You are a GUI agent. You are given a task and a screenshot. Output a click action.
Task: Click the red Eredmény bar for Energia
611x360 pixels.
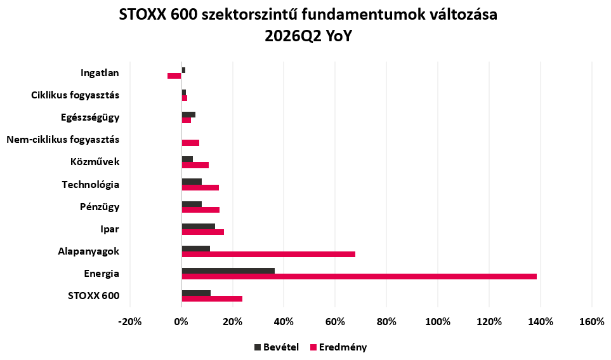pyautogui.click(x=359, y=277)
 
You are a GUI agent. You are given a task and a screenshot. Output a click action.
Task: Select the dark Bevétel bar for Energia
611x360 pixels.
pyautogui.click(x=228, y=270)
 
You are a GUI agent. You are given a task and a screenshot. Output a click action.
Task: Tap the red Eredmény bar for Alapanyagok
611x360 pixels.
pyautogui.click(x=268, y=255)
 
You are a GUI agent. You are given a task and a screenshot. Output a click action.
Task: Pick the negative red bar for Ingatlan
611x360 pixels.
pyautogui.click(x=174, y=76)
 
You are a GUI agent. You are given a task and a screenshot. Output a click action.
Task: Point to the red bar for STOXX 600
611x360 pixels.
pyautogui.click(x=212, y=299)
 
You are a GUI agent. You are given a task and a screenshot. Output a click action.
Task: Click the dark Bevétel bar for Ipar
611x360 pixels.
pyautogui.click(x=199, y=226)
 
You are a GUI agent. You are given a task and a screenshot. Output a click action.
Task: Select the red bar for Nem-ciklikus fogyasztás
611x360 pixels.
pyautogui.click(x=190, y=143)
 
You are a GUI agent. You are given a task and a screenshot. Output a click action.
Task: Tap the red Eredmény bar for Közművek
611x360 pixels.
pyautogui.click(x=195, y=165)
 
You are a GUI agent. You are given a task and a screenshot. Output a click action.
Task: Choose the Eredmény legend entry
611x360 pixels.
pyautogui.click(x=339, y=347)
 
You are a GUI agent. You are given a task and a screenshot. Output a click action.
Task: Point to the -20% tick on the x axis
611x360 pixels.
pyautogui.click(x=130, y=322)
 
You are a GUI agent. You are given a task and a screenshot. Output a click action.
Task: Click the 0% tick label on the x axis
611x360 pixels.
pyautogui.click(x=181, y=322)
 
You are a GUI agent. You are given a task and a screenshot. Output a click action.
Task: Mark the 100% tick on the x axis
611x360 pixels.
pyautogui.click(x=438, y=322)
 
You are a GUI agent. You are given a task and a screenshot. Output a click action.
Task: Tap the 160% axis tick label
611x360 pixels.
pyautogui.click(x=592, y=322)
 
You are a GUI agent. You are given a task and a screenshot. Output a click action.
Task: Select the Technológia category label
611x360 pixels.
pyautogui.click(x=90, y=185)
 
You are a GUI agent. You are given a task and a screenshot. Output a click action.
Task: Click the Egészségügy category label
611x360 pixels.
pyautogui.click(x=90, y=117)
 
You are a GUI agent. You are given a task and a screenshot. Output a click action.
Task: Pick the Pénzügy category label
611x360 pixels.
pyautogui.click(x=100, y=207)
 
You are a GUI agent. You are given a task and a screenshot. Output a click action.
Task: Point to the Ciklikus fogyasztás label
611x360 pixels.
pyautogui.click(x=76, y=95)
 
